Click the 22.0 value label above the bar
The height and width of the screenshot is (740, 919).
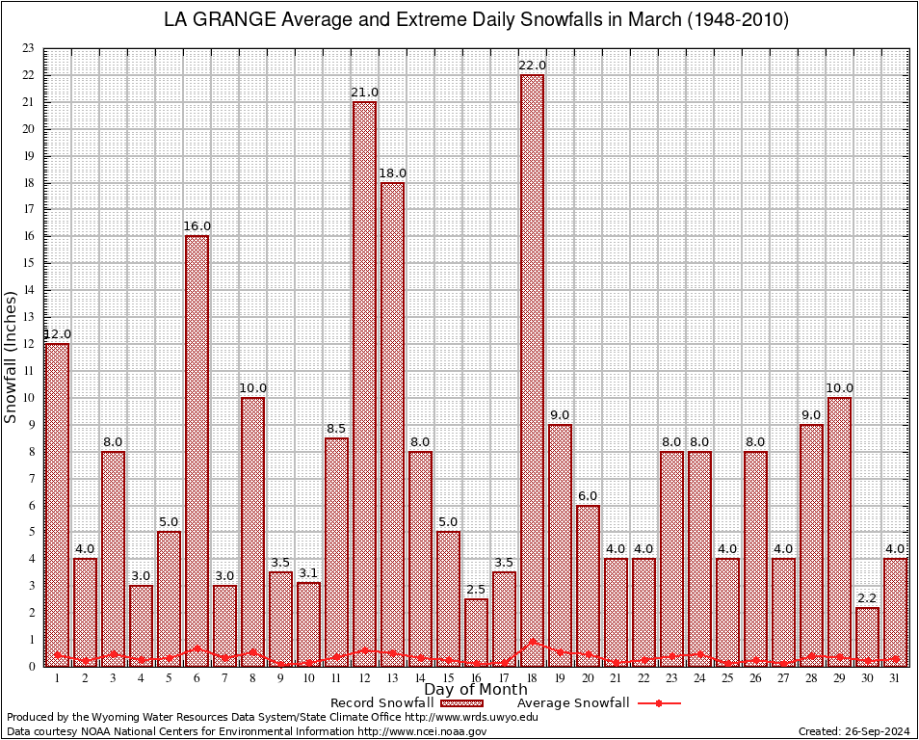click(532, 66)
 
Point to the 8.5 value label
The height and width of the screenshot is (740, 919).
click(336, 429)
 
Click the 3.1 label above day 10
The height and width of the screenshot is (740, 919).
click(308, 574)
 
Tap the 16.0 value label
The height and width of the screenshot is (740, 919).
click(197, 226)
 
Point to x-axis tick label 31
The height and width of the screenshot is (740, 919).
click(895, 678)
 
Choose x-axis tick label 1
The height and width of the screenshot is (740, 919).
click(57, 678)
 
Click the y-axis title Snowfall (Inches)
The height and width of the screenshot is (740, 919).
click(11, 357)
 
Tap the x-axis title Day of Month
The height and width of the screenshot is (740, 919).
click(475, 689)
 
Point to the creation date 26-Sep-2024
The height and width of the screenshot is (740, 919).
click(853, 731)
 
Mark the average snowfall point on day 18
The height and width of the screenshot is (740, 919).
click(532, 642)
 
